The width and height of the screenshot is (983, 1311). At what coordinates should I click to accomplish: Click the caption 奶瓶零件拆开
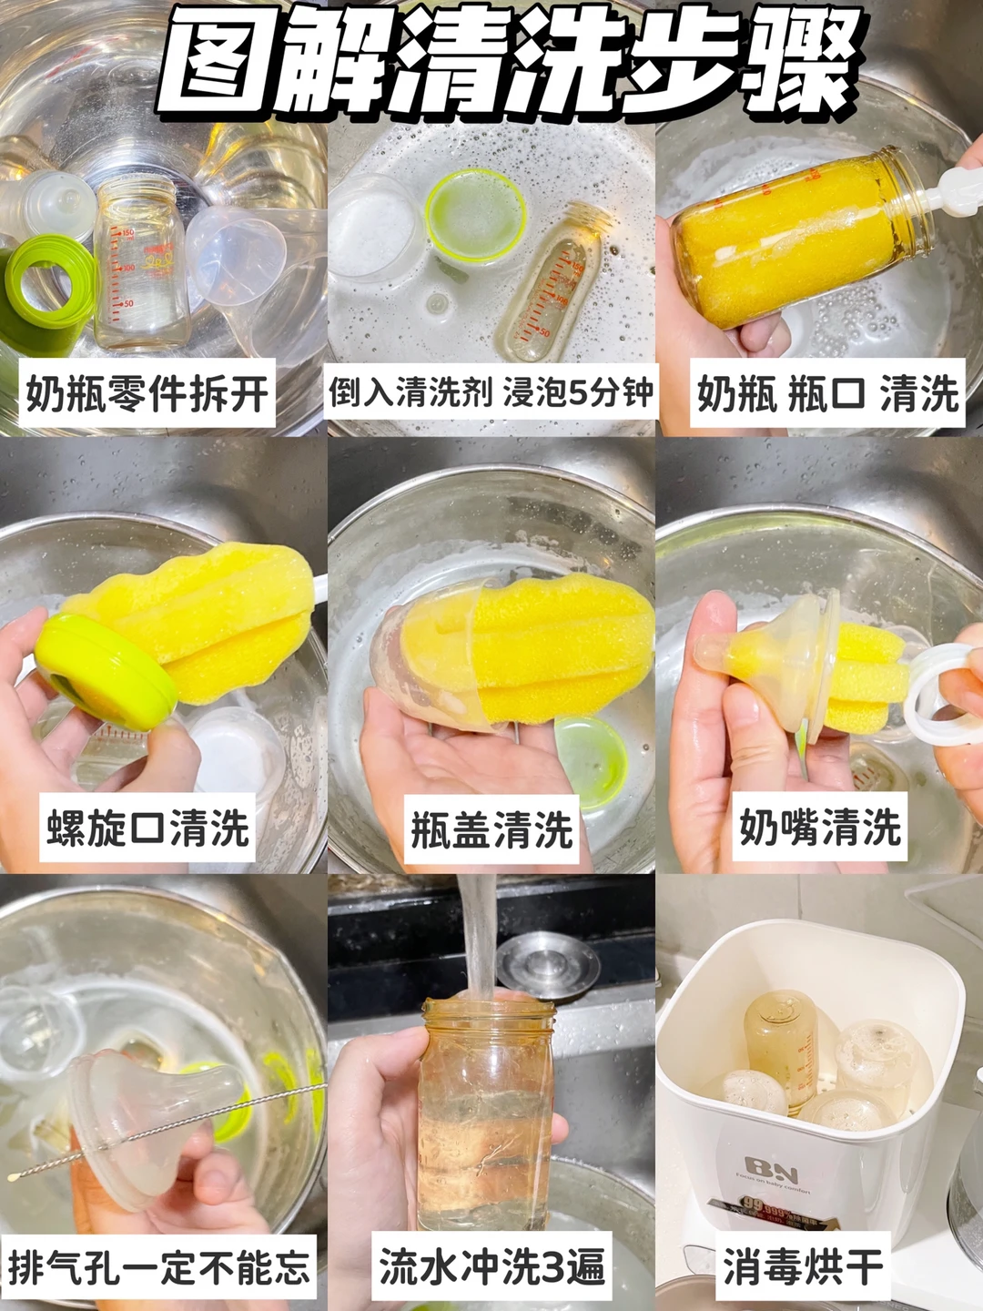coord(147,393)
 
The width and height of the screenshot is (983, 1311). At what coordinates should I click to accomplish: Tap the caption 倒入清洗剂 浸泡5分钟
coord(491,393)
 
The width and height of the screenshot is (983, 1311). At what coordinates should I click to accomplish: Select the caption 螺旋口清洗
coord(147,828)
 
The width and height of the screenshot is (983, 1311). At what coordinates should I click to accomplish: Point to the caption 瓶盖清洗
coord(491,829)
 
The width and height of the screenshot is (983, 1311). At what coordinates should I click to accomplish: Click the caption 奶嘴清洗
coord(820,828)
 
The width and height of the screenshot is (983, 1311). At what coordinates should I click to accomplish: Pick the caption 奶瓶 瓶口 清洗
coord(828,393)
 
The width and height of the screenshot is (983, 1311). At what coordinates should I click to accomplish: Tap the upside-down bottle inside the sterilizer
coord(783,1046)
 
